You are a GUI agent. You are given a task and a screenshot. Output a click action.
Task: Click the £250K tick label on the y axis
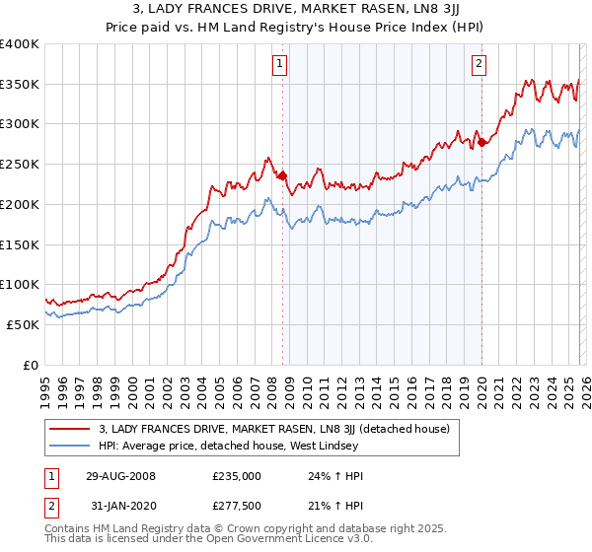click(x=20, y=165)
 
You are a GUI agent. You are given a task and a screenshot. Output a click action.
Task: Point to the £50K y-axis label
click(x=23, y=324)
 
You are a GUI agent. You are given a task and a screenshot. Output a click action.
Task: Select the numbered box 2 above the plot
click(x=480, y=65)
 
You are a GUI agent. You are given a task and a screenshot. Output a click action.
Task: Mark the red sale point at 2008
click(x=282, y=176)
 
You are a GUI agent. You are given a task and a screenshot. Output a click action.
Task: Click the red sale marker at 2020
click(x=481, y=143)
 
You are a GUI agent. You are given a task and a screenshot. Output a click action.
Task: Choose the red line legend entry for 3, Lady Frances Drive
click(x=273, y=429)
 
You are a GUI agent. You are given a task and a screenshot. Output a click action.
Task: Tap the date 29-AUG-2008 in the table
click(x=119, y=474)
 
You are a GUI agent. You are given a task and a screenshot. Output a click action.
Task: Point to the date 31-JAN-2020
click(x=119, y=507)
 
